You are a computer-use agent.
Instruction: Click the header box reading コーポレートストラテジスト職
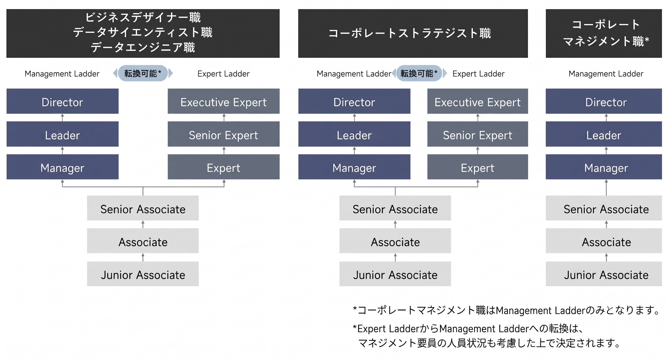[413, 34]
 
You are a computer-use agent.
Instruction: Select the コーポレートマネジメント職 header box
[604, 34]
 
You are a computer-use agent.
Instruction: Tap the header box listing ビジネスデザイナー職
[143, 34]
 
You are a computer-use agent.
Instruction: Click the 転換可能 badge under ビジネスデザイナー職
[143, 73]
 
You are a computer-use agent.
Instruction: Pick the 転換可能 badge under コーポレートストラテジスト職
[419, 73]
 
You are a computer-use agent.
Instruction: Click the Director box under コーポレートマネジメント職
[604, 101]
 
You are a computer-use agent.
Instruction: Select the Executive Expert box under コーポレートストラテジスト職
[478, 101]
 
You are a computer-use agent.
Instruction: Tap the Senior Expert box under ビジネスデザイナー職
[224, 134]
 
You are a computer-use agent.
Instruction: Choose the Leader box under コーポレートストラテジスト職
[354, 134]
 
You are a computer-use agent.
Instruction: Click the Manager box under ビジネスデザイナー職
[62, 167]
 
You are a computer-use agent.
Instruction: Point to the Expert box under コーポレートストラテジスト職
[478, 167]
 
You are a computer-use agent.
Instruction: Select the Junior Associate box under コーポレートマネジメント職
[604, 274]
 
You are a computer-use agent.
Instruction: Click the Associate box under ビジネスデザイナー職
[143, 241]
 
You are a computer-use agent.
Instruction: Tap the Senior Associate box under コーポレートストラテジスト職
[395, 208]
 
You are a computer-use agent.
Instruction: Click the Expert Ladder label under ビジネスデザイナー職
[224, 74]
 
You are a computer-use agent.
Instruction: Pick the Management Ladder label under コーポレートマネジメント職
[606, 74]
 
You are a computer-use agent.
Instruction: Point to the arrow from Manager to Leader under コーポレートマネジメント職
[606, 151]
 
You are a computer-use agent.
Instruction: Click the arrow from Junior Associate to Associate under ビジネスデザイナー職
[143, 257]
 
